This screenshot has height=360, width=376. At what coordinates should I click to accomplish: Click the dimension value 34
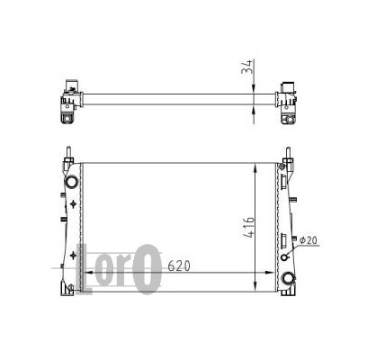[x=247, y=67]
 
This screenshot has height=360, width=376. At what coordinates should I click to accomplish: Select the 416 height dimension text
[x=248, y=227]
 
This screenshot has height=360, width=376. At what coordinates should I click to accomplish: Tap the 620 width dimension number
[x=179, y=266]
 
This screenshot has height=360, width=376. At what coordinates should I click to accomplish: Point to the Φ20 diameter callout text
[x=308, y=240]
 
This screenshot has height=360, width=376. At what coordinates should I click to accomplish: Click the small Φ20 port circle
[x=284, y=257]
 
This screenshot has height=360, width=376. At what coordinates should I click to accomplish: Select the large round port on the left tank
[x=72, y=182]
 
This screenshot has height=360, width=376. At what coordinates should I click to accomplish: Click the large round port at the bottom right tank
[x=288, y=278]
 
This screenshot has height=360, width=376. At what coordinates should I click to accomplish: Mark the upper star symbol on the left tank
[x=73, y=204]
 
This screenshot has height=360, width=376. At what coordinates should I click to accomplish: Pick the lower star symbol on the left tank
[x=73, y=256]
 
